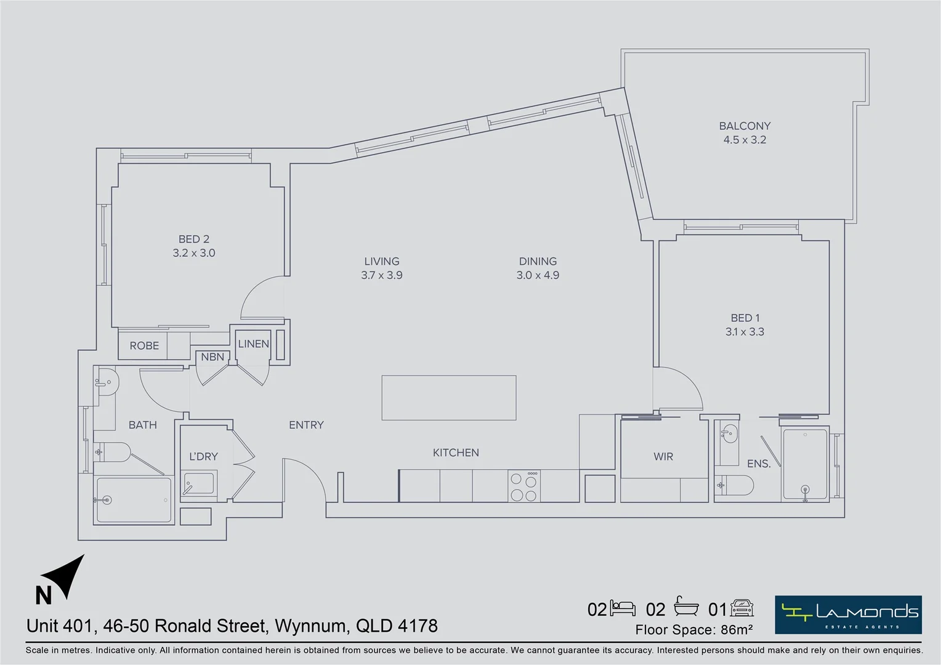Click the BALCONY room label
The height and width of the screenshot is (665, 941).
[745, 126]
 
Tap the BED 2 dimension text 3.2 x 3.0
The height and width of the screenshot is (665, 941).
[194, 253]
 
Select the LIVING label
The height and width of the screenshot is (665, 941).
[382, 261]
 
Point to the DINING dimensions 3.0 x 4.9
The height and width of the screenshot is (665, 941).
[538, 275]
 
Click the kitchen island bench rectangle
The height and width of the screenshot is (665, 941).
[448, 398]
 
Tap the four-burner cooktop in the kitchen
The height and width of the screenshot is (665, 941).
[524, 486]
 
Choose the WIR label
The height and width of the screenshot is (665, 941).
[663, 456]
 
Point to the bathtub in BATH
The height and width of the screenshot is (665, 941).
[132, 500]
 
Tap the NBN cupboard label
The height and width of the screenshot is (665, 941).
[212, 357]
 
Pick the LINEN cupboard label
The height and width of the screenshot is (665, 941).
[254, 344]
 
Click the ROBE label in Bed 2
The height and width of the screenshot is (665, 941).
[144, 346]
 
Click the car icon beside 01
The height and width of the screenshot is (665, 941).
[742, 608]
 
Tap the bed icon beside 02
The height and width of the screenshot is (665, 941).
[623, 608]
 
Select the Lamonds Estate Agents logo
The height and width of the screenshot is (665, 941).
[848, 615]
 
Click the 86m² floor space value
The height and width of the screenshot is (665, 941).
[737, 630]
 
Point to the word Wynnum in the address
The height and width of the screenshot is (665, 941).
[310, 626]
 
